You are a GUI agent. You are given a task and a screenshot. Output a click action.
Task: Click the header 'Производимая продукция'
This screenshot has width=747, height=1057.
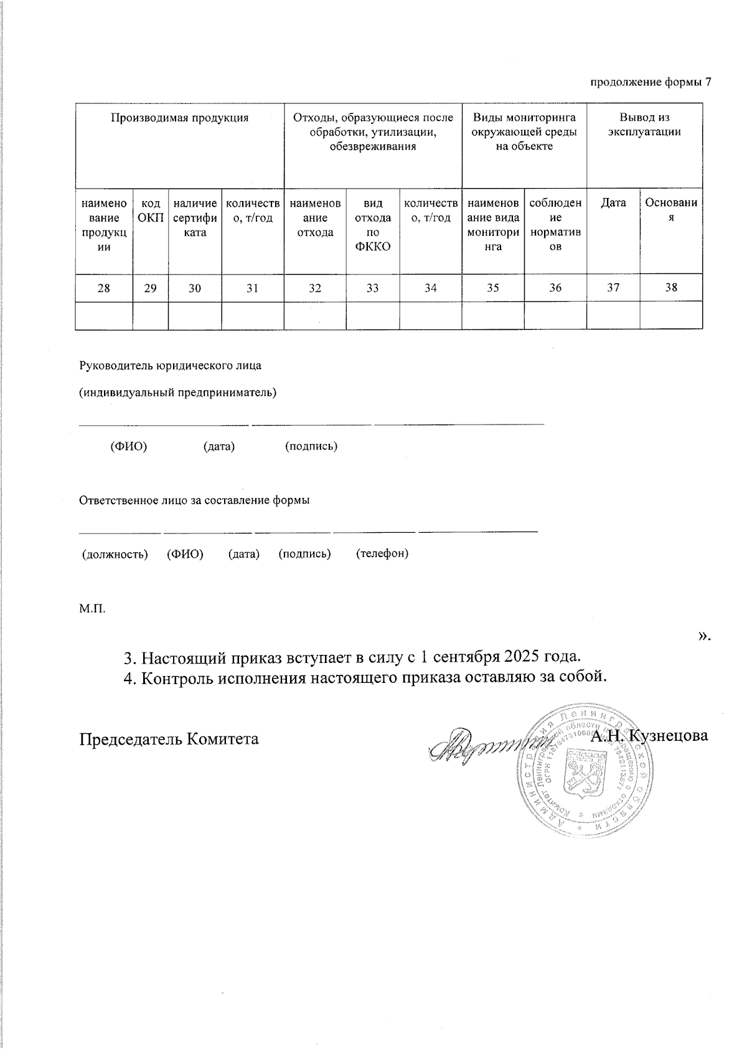tap(179, 118)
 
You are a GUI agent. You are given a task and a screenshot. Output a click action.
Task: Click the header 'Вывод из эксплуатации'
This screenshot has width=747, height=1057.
tap(644, 124)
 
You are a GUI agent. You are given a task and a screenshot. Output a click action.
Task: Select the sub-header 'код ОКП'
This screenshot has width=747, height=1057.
tap(151, 210)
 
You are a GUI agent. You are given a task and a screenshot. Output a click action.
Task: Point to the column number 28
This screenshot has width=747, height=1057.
tap(104, 288)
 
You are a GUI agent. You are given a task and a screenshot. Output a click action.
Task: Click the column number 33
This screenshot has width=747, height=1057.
tap(372, 288)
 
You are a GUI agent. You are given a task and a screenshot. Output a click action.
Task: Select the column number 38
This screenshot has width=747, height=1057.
tap(671, 288)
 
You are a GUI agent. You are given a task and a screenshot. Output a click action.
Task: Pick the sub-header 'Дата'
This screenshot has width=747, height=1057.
tap(613, 203)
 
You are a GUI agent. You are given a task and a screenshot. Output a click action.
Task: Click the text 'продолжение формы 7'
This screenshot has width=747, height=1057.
tap(650, 82)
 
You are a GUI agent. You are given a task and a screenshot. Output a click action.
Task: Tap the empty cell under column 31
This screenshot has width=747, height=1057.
tap(252, 315)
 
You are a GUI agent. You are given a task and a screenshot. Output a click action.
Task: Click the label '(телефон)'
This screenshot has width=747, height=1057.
tap(382, 553)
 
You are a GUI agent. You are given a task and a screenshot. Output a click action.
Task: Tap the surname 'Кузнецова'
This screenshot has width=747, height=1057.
tap(669, 736)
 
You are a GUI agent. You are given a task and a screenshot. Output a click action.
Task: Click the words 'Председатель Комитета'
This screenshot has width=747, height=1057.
tap(169, 738)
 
